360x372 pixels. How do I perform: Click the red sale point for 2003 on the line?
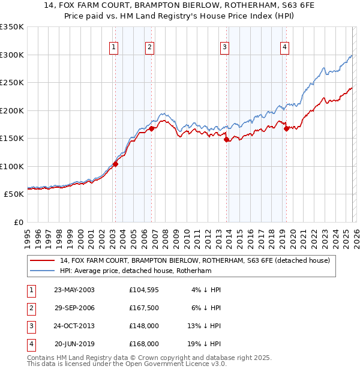tap(116, 164)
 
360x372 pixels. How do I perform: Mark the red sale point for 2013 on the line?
tap(227, 140)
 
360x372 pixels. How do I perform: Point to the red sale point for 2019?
tap(287, 128)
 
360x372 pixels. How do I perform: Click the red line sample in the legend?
tap(43, 261)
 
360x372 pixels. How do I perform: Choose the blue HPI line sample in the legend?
tap(43, 271)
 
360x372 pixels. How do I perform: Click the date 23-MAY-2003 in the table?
tap(74, 290)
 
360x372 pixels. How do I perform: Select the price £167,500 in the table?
tap(143, 308)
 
